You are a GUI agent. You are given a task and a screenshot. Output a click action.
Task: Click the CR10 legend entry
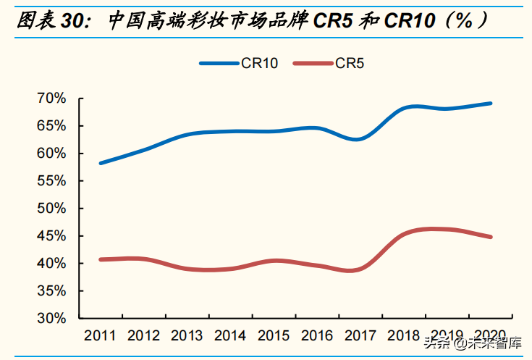click(x=239, y=63)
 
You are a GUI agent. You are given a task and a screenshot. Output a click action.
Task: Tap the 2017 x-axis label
click(x=361, y=335)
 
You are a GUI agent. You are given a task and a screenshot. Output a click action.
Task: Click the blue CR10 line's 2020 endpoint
click(x=491, y=104)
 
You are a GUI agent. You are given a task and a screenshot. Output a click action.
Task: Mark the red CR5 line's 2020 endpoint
click(x=491, y=237)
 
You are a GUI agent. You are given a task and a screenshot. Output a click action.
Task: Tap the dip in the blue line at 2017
click(x=357, y=139)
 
